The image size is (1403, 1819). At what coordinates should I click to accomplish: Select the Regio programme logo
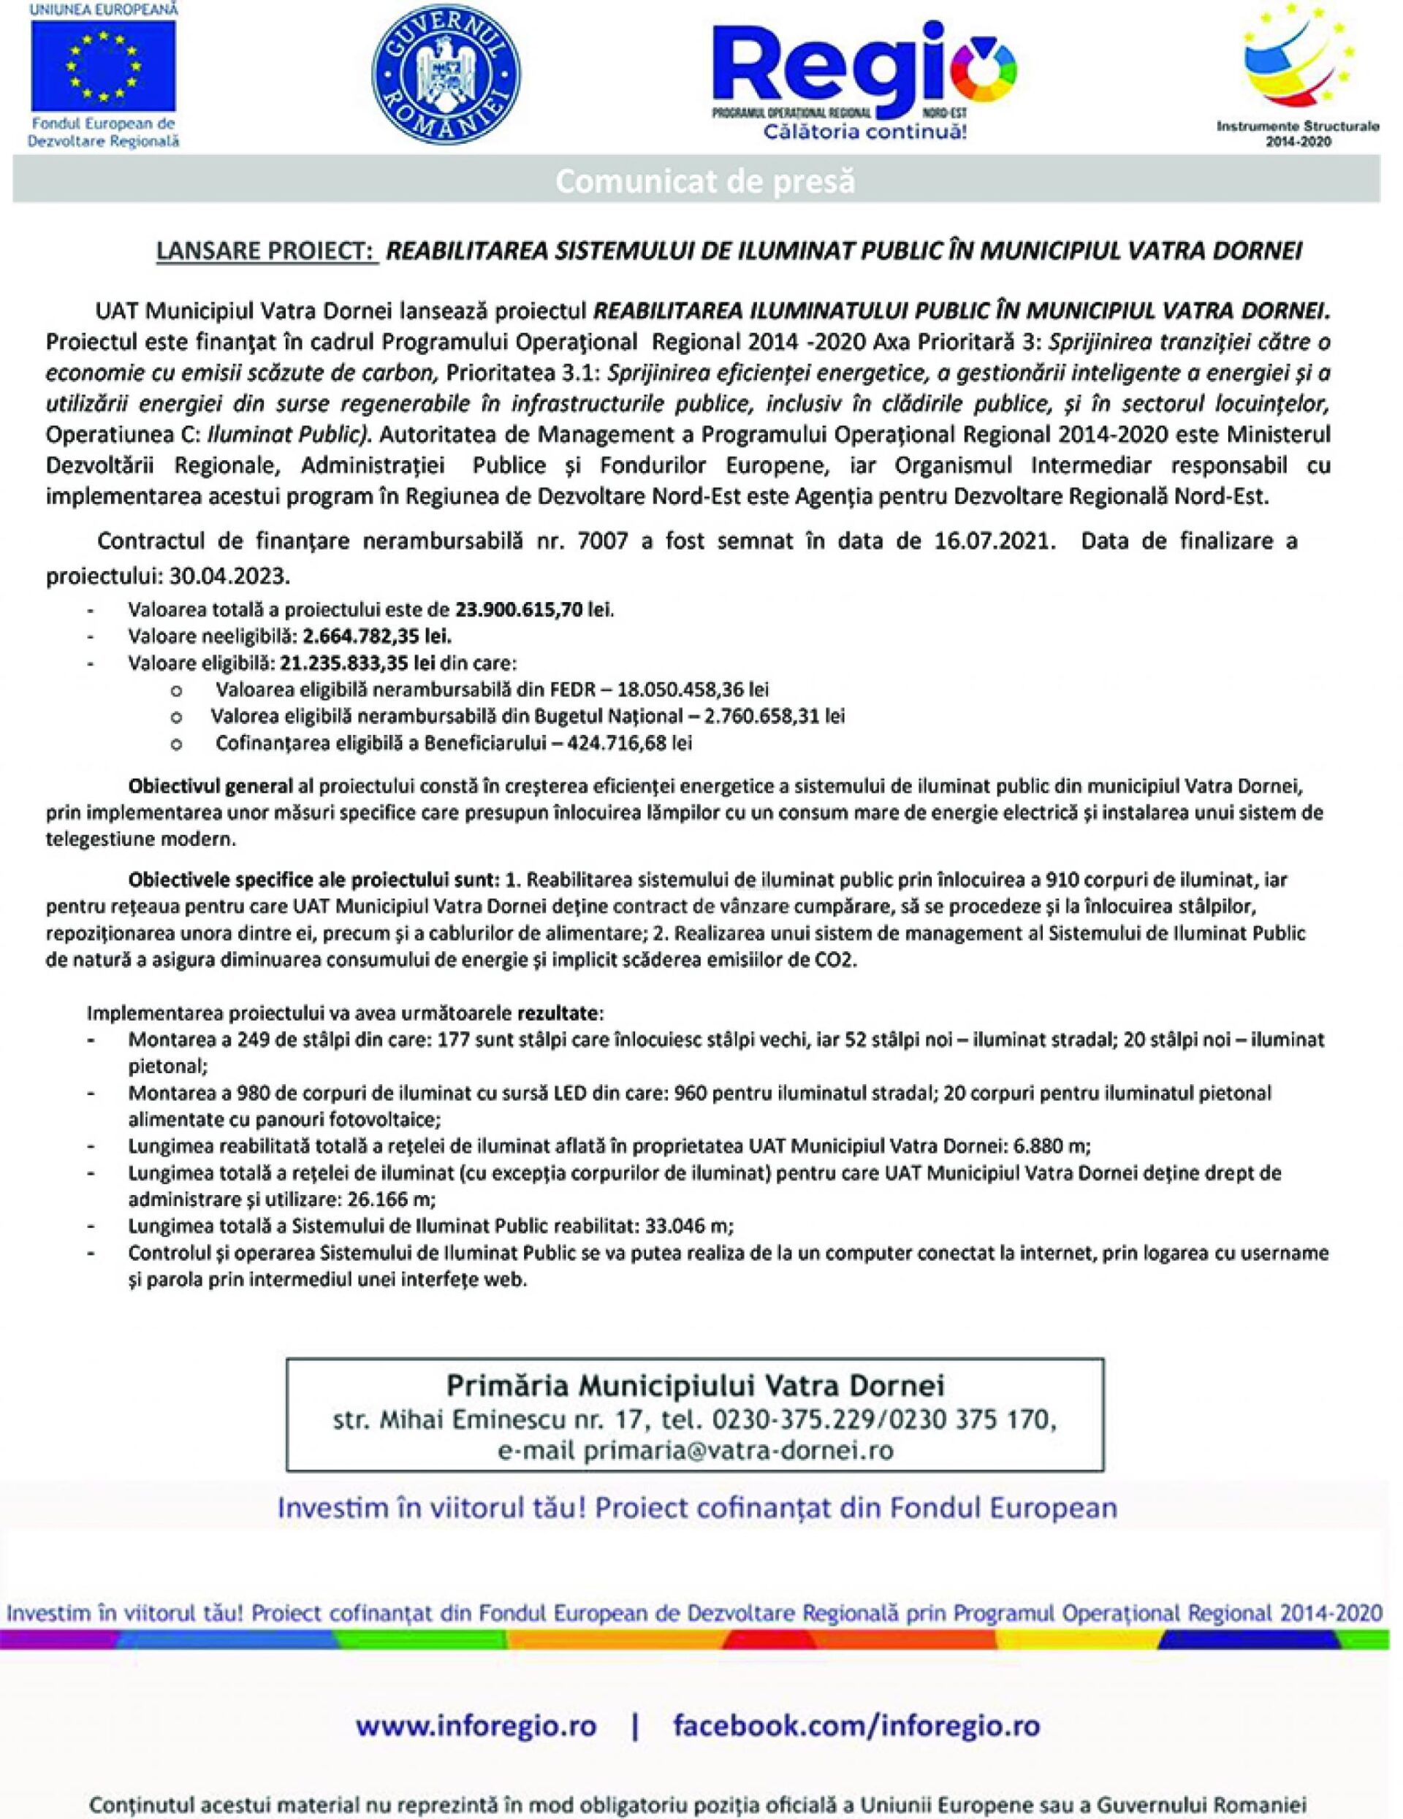click(862, 73)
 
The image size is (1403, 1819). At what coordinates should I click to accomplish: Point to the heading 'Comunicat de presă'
click(705, 180)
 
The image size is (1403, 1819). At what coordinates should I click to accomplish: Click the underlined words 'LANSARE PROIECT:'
click(267, 251)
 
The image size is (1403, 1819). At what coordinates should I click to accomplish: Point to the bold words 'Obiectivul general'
click(210, 785)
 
